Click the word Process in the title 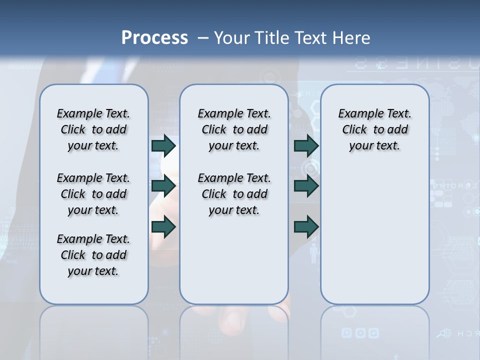click(x=154, y=37)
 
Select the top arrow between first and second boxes click(x=163, y=145)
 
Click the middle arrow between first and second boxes click(x=163, y=186)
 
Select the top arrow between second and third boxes click(x=306, y=145)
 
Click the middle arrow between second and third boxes click(x=306, y=186)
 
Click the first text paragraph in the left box click(x=93, y=129)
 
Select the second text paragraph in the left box click(x=93, y=194)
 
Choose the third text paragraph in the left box click(x=93, y=255)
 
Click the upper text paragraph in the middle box click(x=234, y=129)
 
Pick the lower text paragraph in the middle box click(x=234, y=194)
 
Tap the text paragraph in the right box click(x=374, y=129)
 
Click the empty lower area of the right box click(x=374, y=235)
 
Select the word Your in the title click(x=233, y=38)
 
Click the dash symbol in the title click(x=202, y=38)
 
